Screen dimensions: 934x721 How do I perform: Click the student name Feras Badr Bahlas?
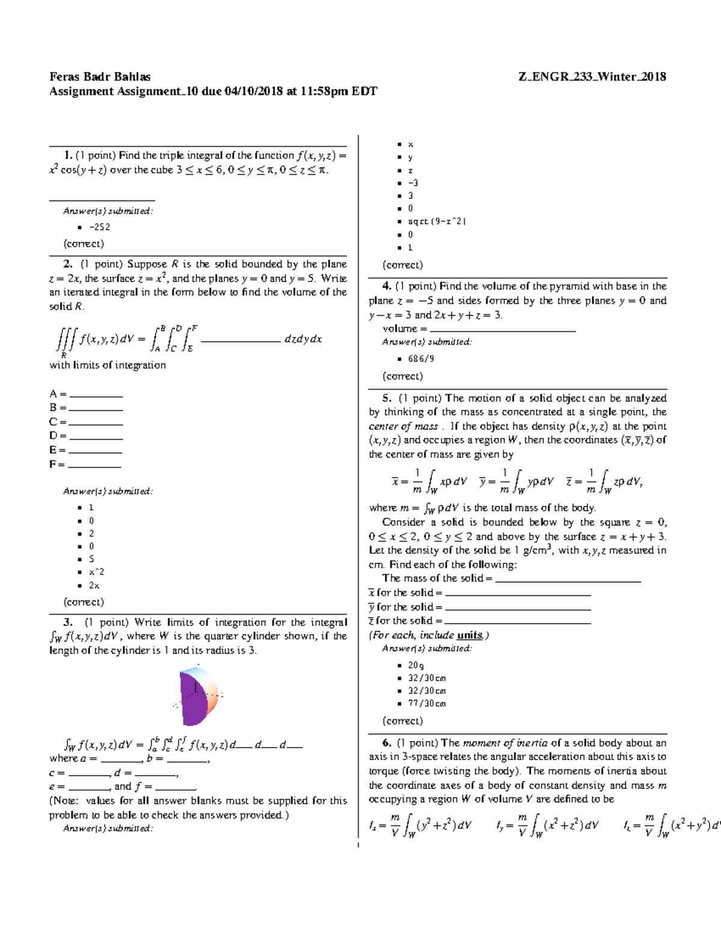[x=100, y=77]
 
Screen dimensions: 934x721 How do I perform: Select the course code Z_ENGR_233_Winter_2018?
[x=592, y=77]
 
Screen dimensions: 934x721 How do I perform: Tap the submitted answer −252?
[x=99, y=227]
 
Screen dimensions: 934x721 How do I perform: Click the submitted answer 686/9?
[x=421, y=359]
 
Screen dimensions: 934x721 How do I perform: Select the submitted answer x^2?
[x=96, y=572]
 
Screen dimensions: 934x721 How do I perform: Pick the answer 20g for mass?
[x=416, y=665]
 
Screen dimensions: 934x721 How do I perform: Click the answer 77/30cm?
[x=427, y=704]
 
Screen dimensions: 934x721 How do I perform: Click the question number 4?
[x=387, y=286]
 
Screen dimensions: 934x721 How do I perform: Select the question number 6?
[x=387, y=743]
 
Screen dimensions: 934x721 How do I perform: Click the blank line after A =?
[x=96, y=395]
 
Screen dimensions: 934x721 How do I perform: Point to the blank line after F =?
[x=95, y=465]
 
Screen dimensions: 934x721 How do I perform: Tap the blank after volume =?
[x=503, y=329]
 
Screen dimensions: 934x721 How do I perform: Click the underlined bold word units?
[x=470, y=635]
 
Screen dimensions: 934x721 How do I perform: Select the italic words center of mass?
[x=403, y=426]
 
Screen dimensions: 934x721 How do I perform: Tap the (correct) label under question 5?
[x=403, y=720]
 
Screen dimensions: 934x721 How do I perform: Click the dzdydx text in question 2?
[x=303, y=339]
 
